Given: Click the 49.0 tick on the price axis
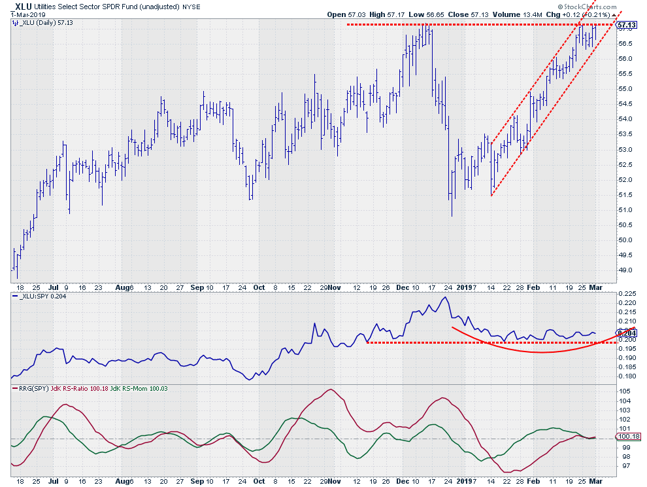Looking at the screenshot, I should [x=625, y=270].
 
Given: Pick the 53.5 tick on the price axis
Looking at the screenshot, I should [x=625, y=134].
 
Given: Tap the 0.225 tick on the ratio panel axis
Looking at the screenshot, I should [x=625, y=294].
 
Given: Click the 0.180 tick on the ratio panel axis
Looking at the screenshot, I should [x=625, y=376].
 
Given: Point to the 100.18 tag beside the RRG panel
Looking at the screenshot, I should [x=627, y=437].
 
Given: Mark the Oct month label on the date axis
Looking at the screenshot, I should [x=259, y=287].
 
